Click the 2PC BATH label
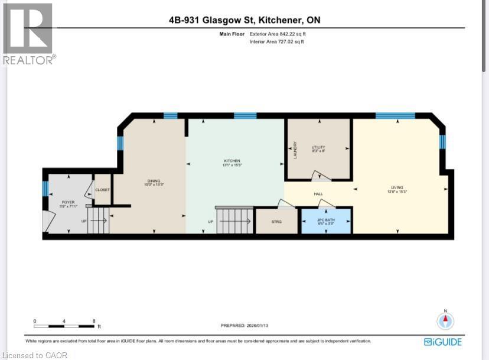325,221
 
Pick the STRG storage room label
276,222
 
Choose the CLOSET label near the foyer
102,190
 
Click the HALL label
318,193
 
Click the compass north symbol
445,320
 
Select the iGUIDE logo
443,342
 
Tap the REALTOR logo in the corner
29,33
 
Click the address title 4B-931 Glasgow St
244,20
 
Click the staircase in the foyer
99,220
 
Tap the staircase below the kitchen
233,221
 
